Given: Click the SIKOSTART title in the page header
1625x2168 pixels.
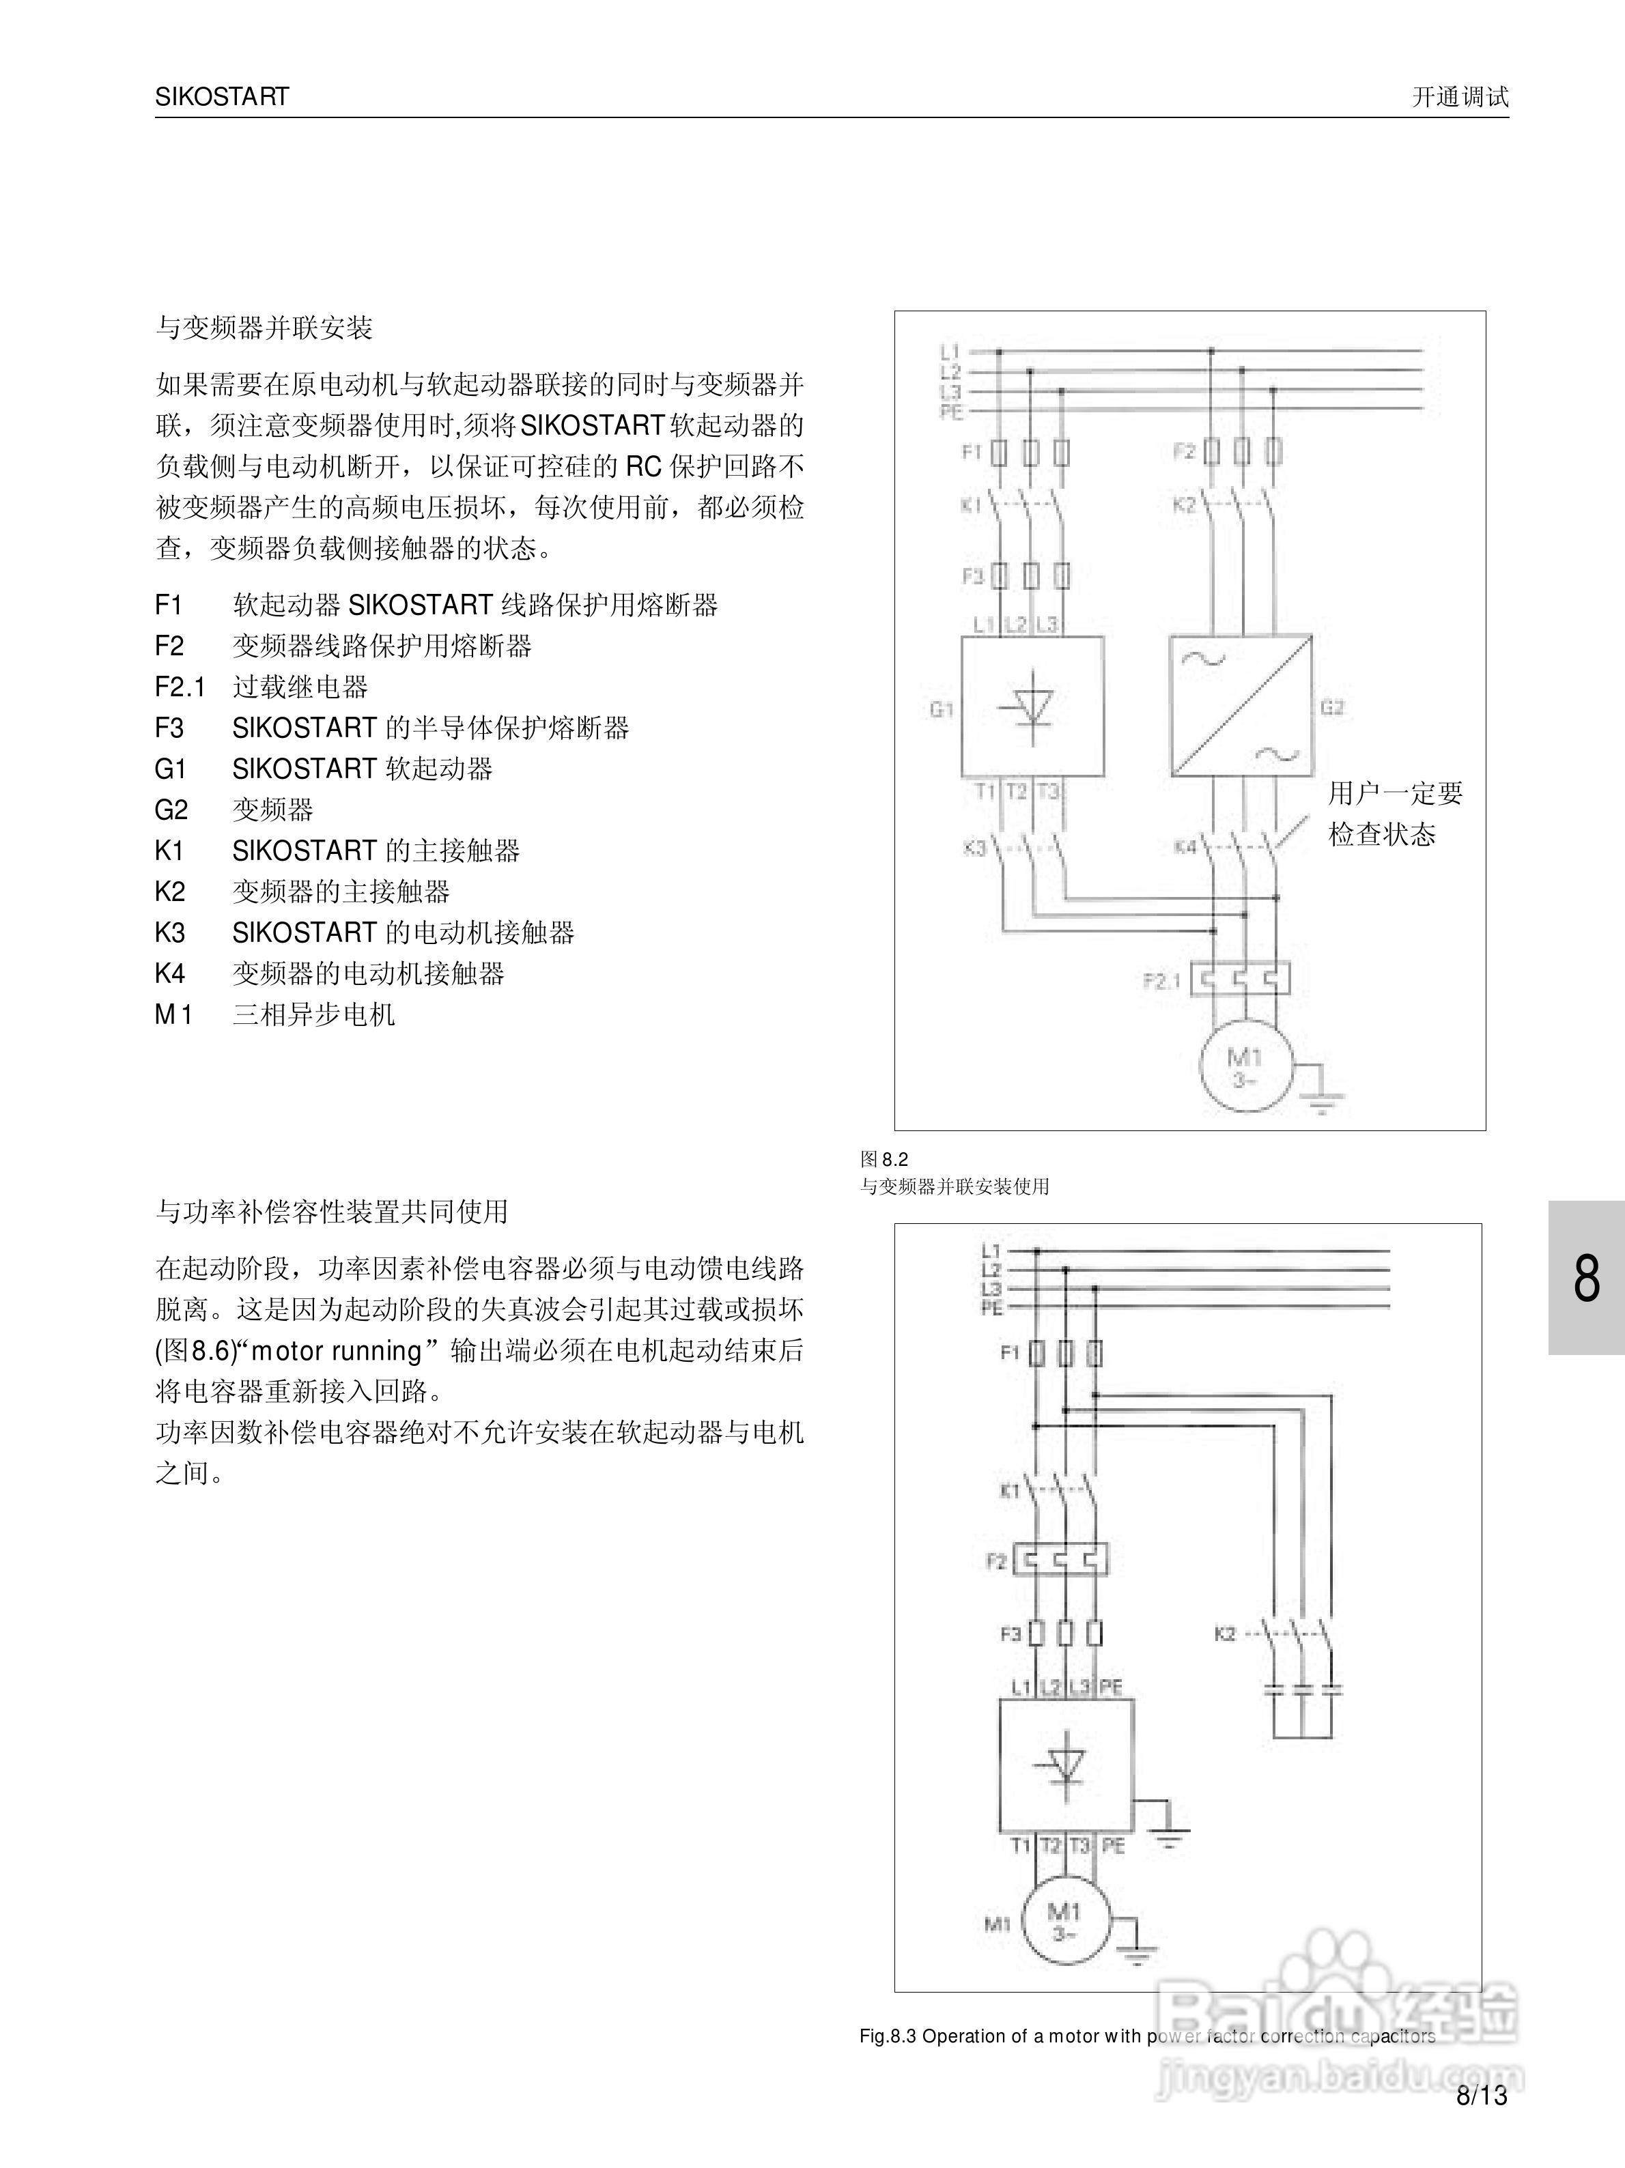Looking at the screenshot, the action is click(221, 97).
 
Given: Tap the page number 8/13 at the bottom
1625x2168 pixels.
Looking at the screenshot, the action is click(1482, 2096).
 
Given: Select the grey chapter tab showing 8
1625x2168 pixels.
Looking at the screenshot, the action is click(1586, 1278).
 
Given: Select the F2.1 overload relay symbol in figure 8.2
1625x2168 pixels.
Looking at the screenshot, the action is click(1241, 979).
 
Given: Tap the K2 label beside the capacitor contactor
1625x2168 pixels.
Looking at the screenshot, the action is click(1225, 1634).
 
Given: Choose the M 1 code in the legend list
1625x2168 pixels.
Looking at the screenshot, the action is click(173, 1015).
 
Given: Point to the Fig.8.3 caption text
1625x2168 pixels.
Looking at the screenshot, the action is click(1146, 2036).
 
